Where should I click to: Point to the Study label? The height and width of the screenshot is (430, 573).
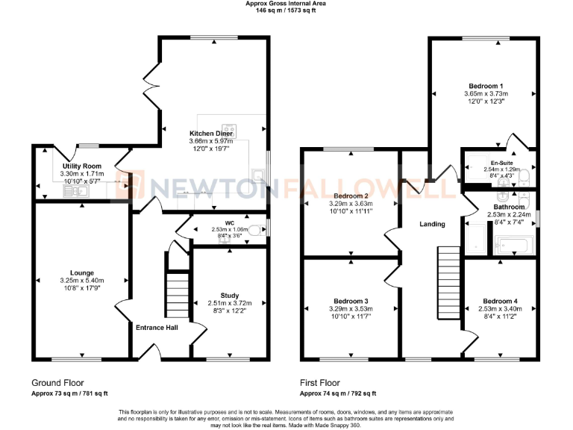[230, 295]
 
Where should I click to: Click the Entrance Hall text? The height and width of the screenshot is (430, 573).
[156, 326]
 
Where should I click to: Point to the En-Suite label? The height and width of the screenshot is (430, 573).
[501, 163]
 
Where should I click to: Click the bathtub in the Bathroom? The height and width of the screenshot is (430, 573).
[514, 244]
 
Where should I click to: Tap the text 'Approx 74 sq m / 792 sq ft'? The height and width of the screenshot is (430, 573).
[338, 393]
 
